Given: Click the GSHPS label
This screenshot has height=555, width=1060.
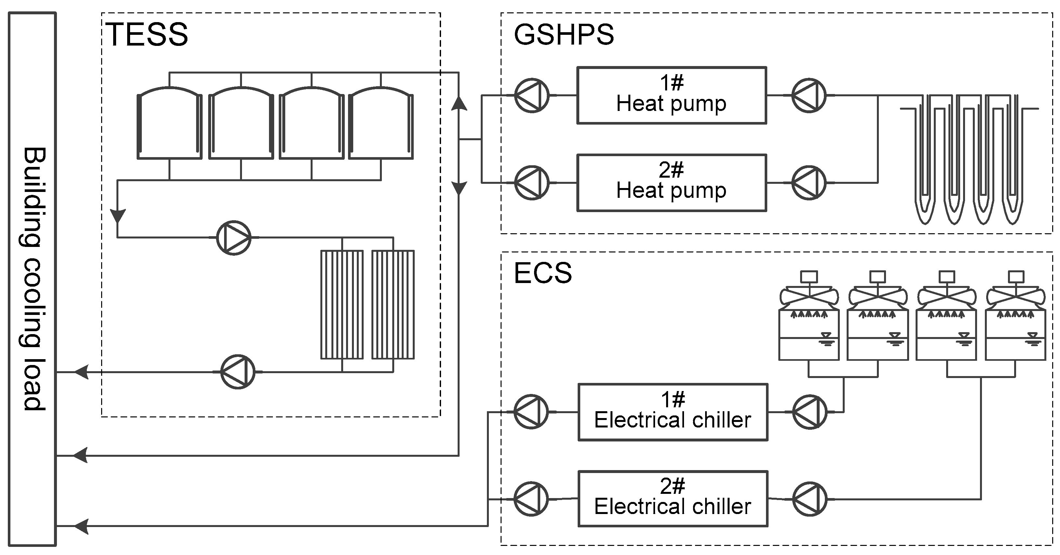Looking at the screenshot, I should click(564, 34).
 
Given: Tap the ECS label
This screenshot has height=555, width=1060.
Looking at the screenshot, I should click(543, 273).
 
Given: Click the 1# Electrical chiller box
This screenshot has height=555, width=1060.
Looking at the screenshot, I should click(673, 412).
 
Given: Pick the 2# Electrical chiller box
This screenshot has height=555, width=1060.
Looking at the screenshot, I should click(673, 499).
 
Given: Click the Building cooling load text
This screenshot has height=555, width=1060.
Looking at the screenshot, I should click(33, 279).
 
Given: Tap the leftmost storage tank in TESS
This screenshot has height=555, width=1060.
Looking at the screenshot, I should click(169, 124).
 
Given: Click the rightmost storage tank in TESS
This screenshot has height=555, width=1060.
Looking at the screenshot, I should click(381, 124).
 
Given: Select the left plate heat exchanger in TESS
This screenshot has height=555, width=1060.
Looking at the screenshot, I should click(342, 305).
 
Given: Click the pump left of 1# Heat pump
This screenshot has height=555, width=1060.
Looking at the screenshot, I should click(532, 95).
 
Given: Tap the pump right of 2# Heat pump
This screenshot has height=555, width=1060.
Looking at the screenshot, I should click(809, 183).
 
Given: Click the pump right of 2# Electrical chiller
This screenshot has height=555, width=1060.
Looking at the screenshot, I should click(810, 499).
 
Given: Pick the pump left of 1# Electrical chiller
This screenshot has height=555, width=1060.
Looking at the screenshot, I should click(531, 412).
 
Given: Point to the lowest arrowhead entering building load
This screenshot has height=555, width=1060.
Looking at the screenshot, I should click(81, 526).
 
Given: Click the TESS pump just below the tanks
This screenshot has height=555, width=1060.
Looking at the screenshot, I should click(234, 237).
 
